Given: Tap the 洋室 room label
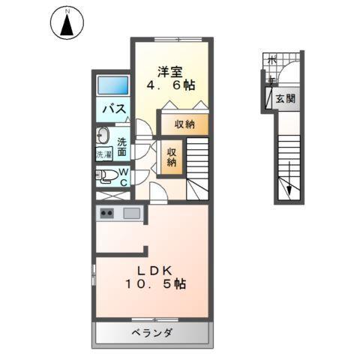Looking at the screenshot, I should click(x=170, y=72).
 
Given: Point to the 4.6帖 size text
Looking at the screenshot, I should click(x=169, y=86).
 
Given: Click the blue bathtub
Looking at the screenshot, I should click(x=113, y=85).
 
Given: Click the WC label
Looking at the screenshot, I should click(x=124, y=176).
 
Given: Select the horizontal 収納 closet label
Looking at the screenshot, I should click(x=184, y=124).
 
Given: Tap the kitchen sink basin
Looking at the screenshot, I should click(x=131, y=214).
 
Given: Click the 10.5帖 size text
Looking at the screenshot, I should click(x=156, y=286).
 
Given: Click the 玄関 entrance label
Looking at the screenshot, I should click(x=285, y=98).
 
